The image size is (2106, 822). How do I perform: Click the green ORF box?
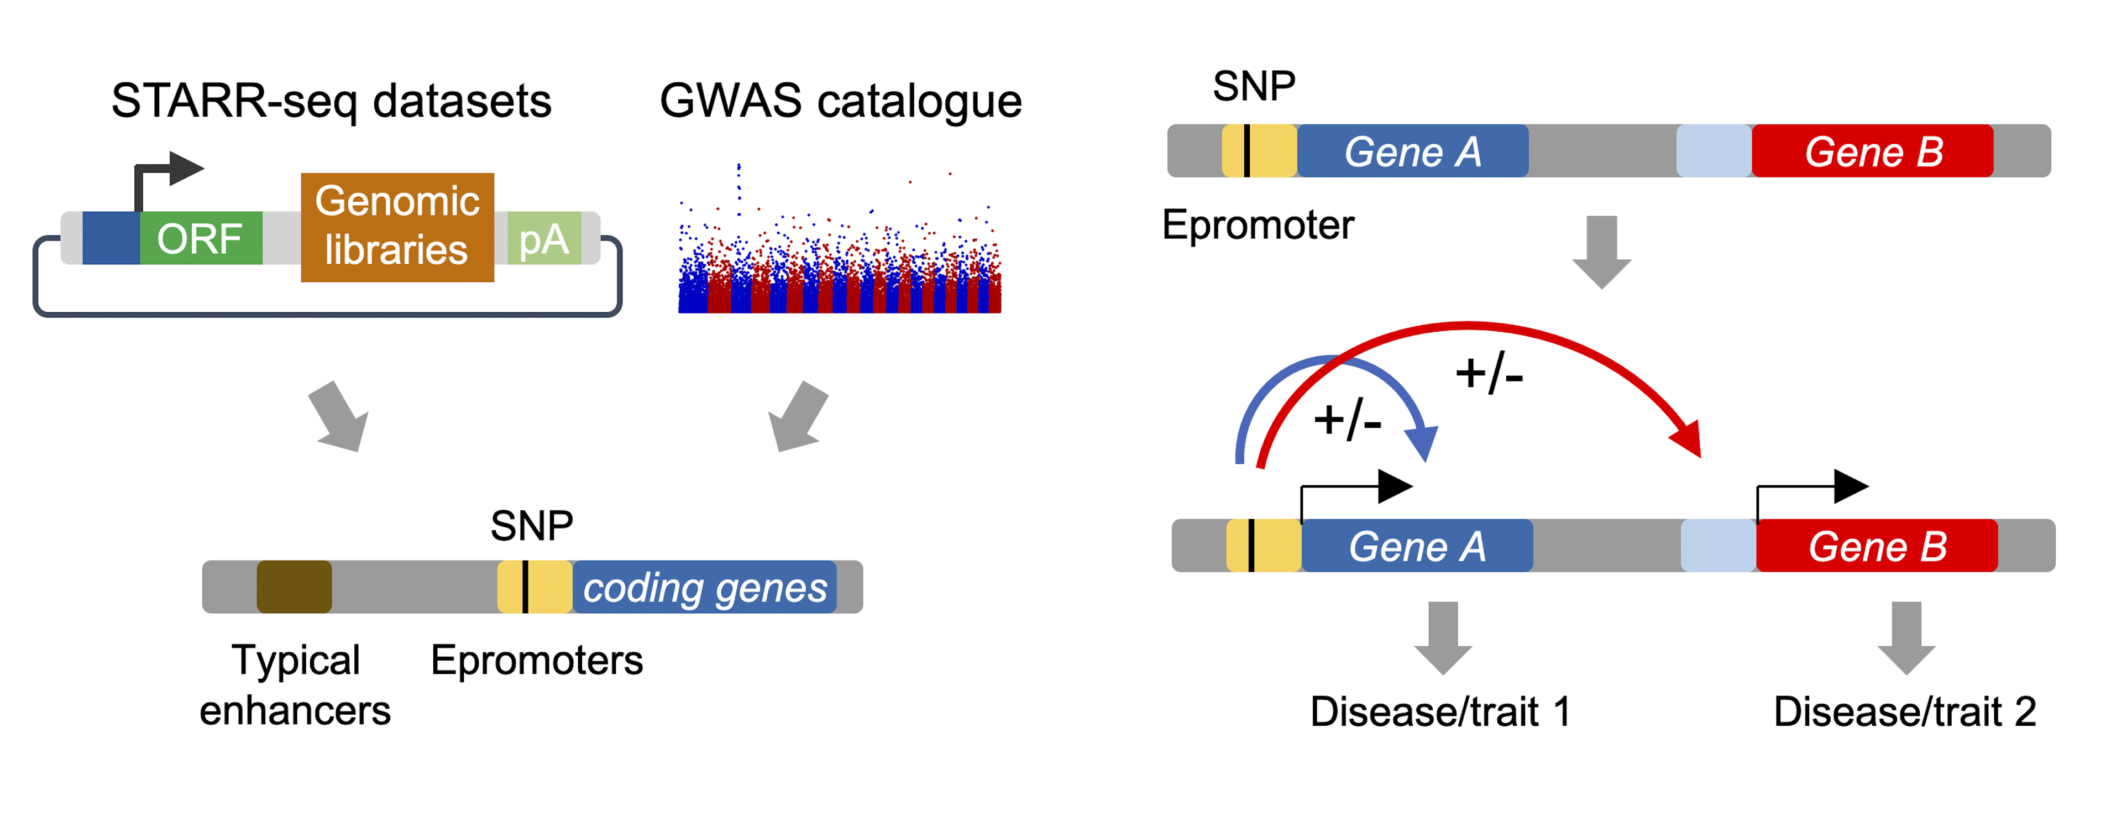point(201,238)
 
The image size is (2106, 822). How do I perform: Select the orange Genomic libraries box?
point(397,227)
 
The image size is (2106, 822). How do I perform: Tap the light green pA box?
point(544,238)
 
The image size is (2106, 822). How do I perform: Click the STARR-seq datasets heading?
point(331,101)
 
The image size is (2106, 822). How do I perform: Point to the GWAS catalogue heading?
point(840,101)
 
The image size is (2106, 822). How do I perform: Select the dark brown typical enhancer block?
point(294,587)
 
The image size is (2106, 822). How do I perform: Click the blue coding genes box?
point(705,587)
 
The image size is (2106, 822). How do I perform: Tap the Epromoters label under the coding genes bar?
point(537,660)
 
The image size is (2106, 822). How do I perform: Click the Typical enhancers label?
point(295,684)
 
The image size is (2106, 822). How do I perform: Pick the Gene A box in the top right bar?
point(1413,150)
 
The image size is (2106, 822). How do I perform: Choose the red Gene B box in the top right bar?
point(1873,150)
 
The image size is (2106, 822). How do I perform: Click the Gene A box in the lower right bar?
point(1417,546)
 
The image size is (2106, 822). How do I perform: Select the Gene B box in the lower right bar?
point(1877,546)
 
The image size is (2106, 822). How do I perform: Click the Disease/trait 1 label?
point(1440,711)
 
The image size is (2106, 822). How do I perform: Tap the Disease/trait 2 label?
point(1905,711)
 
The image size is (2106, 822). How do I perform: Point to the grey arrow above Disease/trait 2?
point(1906,638)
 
